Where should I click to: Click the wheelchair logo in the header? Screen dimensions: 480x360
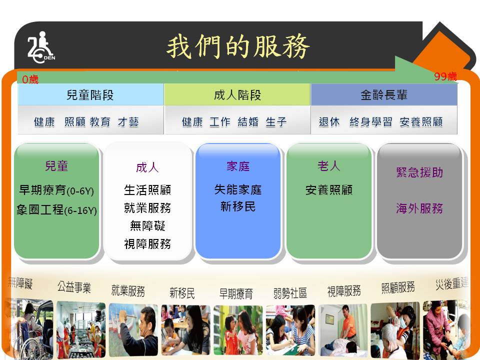pyautogui.click(x=41, y=47)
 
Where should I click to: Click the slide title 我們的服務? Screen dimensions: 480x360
pyautogui.click(x=238, y=46)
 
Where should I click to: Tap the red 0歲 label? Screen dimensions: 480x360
pyautogui.click(x=30, y=79)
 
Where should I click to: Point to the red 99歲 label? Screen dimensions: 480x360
pyautogui.click(x=445, y=76)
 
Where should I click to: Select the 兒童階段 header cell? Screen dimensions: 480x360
pyautogui.click(x=90, y=94)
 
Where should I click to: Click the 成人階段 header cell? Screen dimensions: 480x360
pyautogui.click(x=237, y=94)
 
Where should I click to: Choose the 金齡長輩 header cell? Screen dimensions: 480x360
pyautogui.click(x=384, y=94)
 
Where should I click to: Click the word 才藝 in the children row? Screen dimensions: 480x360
pyautogui.click(x=128, y=122)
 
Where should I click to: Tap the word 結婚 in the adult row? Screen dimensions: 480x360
pyautogui.click(x=248, y=122)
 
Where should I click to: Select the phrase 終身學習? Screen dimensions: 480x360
pyautogui.click(x=370, y=122)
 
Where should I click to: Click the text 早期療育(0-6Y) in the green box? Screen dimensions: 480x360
pyautogui.click(x=56, y=190)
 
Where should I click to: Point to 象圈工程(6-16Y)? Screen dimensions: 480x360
pyautogui.click(x=56, y=210)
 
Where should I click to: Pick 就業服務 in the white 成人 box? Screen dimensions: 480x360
pyautogui.click(x=147, y=208)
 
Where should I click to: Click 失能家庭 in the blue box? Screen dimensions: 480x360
pyautogui.click(x=238, y=190)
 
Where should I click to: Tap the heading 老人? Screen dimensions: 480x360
pyautogui.click(x=329, y=166)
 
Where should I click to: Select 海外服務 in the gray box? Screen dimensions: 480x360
pyautogui.click(x=419, y=208)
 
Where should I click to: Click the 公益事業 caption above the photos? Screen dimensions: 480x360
pyautogui.click(x=74, y=288)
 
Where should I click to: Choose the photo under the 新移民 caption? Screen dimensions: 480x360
pyautogui.click(x=186, y=330)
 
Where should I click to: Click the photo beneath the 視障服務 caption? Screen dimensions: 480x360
pyautogui.click(x=343, y=330)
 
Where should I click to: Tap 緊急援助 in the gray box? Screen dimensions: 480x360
pyautogui.click(x=419, y=172)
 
